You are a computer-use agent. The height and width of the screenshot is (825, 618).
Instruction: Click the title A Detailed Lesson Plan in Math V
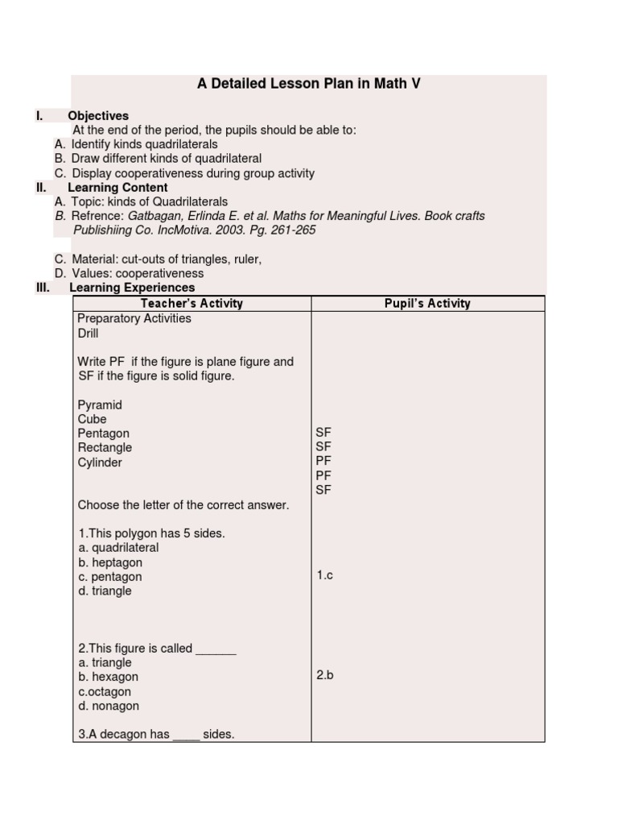309,84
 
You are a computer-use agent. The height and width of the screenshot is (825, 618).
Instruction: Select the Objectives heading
98,116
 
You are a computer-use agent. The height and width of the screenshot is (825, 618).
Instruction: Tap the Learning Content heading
117,188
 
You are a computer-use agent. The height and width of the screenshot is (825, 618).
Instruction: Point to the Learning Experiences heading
132,288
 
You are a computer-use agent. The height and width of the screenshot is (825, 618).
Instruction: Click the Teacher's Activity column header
192,304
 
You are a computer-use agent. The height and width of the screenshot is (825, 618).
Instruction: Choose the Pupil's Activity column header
427,304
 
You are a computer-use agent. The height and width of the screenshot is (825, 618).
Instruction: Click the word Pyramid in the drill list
100,405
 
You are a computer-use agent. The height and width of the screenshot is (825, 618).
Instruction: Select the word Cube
92,420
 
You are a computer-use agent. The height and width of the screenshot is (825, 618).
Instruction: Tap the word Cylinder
100,462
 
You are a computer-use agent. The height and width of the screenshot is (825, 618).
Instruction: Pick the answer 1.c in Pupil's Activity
324,575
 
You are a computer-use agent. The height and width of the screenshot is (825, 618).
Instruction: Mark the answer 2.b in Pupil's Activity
324,675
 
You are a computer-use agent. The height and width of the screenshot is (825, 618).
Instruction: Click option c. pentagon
109,577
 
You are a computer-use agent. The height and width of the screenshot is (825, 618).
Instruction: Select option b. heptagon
110,562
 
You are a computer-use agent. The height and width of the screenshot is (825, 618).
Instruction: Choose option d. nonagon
109,707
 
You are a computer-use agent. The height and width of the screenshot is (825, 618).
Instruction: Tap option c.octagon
105,692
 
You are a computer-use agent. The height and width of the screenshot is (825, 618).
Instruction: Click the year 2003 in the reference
222,230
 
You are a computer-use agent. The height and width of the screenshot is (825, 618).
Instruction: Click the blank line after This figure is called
216,649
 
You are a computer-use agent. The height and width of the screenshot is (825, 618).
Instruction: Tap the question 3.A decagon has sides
156,735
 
